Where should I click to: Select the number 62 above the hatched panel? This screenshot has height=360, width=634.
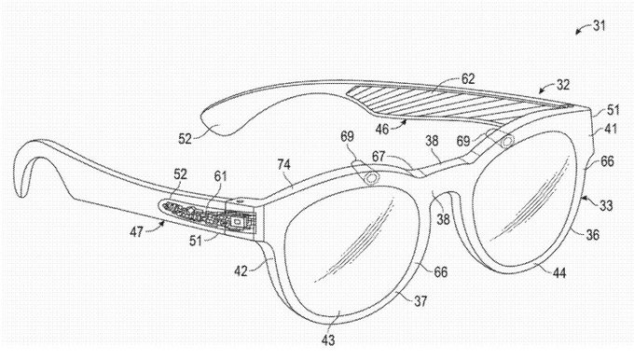(x=467, y=81)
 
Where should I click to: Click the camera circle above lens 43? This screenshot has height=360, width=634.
(x=370, y=177)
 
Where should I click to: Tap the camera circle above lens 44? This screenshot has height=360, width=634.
(x=506, y=142)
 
